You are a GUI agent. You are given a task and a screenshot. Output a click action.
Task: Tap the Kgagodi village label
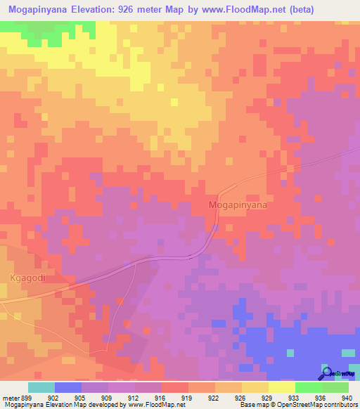[28, 278]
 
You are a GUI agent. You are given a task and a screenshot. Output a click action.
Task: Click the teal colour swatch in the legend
[41, 387]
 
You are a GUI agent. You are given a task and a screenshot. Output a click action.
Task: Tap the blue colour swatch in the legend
[68, 387]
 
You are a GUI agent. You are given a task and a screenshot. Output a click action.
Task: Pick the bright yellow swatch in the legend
[282, 387]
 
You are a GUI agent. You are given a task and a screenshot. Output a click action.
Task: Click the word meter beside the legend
[11, 397]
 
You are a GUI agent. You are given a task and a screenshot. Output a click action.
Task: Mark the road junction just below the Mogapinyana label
[216, 226]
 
